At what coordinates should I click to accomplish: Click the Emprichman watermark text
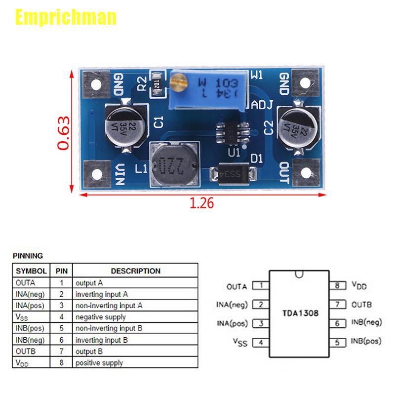pos(66,17)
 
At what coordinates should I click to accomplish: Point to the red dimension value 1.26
pos(201,203)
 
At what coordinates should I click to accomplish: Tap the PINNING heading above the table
pos(28,256)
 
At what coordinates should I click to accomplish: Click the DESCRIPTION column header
pos(135,271)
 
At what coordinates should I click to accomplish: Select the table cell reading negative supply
pos(101,317)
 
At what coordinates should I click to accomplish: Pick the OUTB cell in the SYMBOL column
pos(25,352)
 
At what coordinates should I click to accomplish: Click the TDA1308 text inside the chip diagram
pos(300,313)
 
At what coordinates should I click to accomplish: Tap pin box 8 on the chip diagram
pos(338,285)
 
